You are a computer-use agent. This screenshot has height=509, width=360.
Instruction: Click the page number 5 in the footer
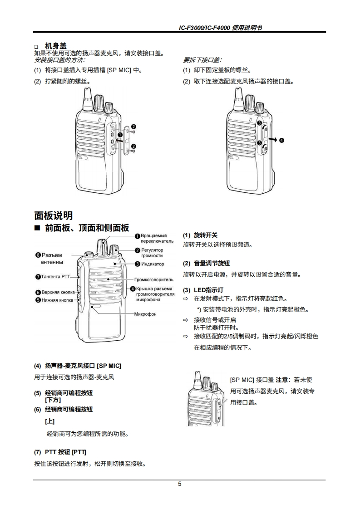[x=179, y=484]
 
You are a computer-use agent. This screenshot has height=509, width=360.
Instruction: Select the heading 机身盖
[x=56, y=46]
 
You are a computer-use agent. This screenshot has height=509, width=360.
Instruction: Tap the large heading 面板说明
[x=54, y=215]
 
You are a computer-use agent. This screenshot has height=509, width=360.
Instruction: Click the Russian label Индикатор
[x=153, y=264]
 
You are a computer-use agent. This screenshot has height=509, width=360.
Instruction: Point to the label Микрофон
[x=145, y=314]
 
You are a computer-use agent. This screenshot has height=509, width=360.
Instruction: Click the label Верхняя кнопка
[x=58, y=293]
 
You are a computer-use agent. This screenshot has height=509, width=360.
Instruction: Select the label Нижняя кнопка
[x=57, y=300]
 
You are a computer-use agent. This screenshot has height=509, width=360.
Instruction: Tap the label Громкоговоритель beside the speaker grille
[x=154, y=279]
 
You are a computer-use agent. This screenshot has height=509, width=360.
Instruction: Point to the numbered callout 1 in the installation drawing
[x=120, y=135]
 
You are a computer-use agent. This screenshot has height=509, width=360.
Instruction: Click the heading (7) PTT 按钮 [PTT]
[x=60, y=452]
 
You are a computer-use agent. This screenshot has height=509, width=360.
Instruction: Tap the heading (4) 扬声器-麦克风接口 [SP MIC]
[x=78, y=365]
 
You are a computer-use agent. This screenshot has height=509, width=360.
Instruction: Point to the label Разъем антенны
[x=52, y=259]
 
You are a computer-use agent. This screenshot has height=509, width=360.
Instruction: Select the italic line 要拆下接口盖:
[x=202, y=59]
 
